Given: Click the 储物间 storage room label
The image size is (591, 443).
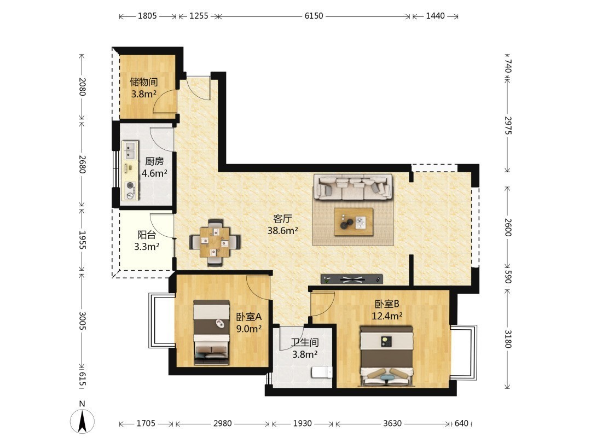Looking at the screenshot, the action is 143,81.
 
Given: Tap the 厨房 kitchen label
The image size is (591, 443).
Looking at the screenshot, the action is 154,161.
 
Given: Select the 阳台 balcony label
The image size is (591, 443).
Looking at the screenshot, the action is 147,235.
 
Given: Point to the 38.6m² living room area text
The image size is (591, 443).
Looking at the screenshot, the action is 283,231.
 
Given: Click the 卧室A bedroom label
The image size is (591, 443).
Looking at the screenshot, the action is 249,317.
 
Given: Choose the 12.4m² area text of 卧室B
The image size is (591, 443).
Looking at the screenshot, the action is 387,316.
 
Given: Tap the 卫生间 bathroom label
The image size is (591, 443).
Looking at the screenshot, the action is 305,342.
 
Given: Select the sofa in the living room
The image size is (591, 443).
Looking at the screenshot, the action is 353,186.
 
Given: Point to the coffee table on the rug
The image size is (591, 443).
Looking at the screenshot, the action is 354,222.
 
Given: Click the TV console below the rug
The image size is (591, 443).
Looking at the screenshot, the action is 352,279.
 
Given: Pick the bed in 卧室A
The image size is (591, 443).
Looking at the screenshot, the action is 211,333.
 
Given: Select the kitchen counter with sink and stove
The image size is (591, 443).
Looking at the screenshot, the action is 130,171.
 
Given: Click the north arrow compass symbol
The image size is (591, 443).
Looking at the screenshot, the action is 82,421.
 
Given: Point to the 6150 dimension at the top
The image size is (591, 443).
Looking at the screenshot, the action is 314,16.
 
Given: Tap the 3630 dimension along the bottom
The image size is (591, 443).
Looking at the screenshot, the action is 392,423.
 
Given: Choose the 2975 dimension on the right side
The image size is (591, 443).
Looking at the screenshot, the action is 508,125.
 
